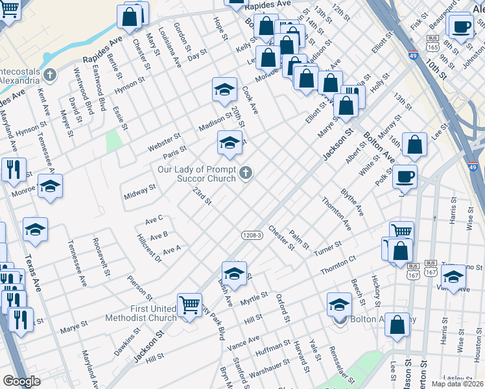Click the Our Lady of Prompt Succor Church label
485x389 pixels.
[197, 174]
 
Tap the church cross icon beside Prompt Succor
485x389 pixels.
[245, 172]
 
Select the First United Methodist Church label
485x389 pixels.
[143, 312]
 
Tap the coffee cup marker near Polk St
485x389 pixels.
[405, 176]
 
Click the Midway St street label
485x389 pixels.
[139, 191]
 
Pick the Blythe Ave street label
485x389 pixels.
[351, 203]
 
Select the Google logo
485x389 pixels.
[21, 381]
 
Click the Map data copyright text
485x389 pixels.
[457, 384]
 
